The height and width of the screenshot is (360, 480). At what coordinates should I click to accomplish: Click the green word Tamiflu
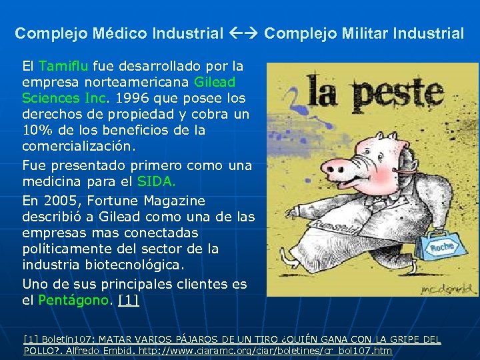pos(64,67)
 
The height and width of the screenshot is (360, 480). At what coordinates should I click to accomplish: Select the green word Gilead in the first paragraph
pos(215,83)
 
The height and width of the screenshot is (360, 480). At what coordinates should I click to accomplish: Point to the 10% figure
pos(35,131)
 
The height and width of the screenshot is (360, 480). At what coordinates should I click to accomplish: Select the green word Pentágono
pos(73,300)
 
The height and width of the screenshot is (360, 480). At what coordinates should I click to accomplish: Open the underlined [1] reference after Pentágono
pos(128,300)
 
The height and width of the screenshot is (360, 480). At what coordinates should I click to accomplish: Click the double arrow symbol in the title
pos(244,33)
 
